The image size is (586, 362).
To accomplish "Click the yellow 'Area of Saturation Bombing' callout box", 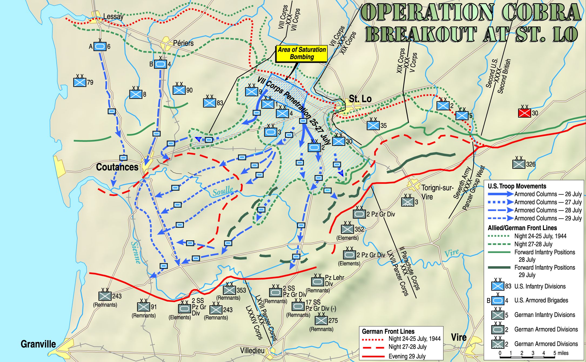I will pos(302,53).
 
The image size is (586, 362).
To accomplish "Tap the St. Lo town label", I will pos(360,99).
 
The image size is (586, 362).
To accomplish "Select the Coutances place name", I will pos(117,167).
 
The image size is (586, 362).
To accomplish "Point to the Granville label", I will pos(38,344).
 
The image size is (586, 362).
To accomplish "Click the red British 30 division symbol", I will pos(524,113).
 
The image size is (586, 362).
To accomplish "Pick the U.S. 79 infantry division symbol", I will pos(80,82).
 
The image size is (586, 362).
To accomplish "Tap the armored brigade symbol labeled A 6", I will pos(100,46).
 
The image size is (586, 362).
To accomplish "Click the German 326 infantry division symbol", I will pos(519,164).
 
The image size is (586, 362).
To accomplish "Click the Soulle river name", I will pos(223,191).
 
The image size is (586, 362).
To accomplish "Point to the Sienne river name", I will pos(136,252).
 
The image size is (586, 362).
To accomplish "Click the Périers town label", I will pos(183,43).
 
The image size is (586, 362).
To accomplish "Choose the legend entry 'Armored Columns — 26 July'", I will pos(548,194).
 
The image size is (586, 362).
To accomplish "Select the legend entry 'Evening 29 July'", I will pos(407,356).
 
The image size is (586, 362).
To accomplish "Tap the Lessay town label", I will pos(113,16).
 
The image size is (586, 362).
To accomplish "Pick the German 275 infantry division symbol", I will pos(321,320).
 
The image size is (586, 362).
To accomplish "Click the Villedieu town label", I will pos(252,350).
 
